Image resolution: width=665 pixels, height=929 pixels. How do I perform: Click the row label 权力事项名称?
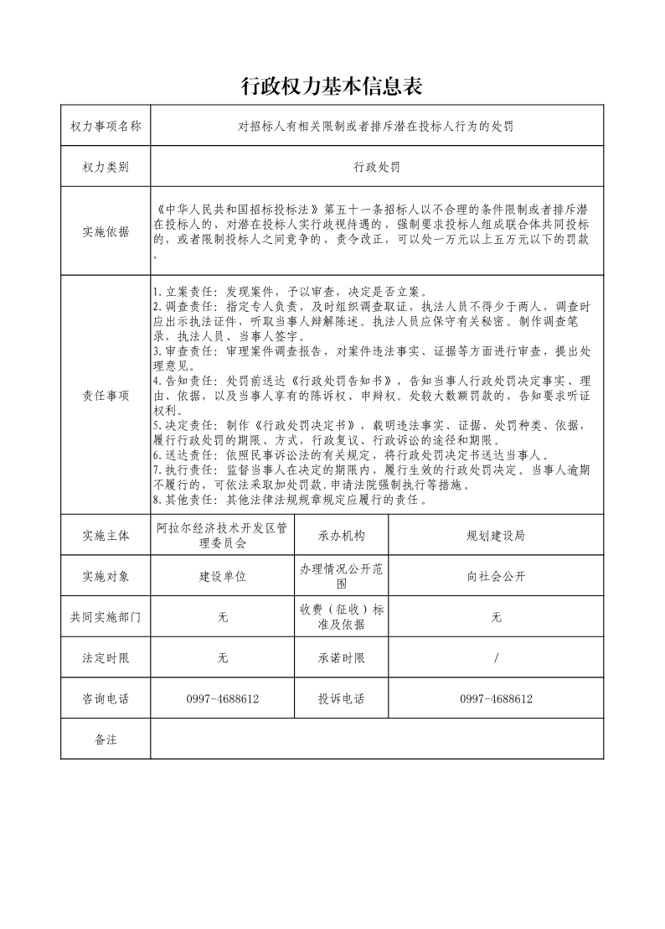click(106, 127)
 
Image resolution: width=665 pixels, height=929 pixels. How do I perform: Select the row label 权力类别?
click(106, 167)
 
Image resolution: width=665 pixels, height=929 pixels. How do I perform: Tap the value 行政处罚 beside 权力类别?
click(376, 167)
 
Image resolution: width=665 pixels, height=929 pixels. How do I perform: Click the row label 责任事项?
click(106, 396)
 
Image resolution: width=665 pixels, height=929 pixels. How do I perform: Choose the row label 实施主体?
click(106, 535)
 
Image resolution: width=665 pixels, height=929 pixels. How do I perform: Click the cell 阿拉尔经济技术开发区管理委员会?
click(223, 535)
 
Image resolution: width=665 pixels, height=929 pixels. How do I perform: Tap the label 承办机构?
click(342, 535)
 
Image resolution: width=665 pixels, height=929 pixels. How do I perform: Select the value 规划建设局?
click(496, 535)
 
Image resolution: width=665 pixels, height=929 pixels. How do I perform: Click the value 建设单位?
click(223, 576)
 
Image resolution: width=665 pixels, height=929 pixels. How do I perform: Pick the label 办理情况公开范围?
click(342, 576)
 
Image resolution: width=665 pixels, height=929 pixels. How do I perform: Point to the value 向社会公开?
click(496, 576)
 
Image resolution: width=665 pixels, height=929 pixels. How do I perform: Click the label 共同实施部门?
click(106, 617)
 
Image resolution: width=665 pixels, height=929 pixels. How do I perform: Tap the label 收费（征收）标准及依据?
click(342, 617)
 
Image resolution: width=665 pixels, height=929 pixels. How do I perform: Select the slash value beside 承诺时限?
click(496, 658)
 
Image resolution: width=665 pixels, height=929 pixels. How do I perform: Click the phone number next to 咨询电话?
click(223, 698)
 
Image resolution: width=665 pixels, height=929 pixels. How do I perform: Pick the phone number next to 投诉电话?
click(496, 698)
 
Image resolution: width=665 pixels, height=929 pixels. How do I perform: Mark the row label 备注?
click(106, 739)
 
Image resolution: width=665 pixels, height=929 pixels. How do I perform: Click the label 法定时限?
click(106, 658)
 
